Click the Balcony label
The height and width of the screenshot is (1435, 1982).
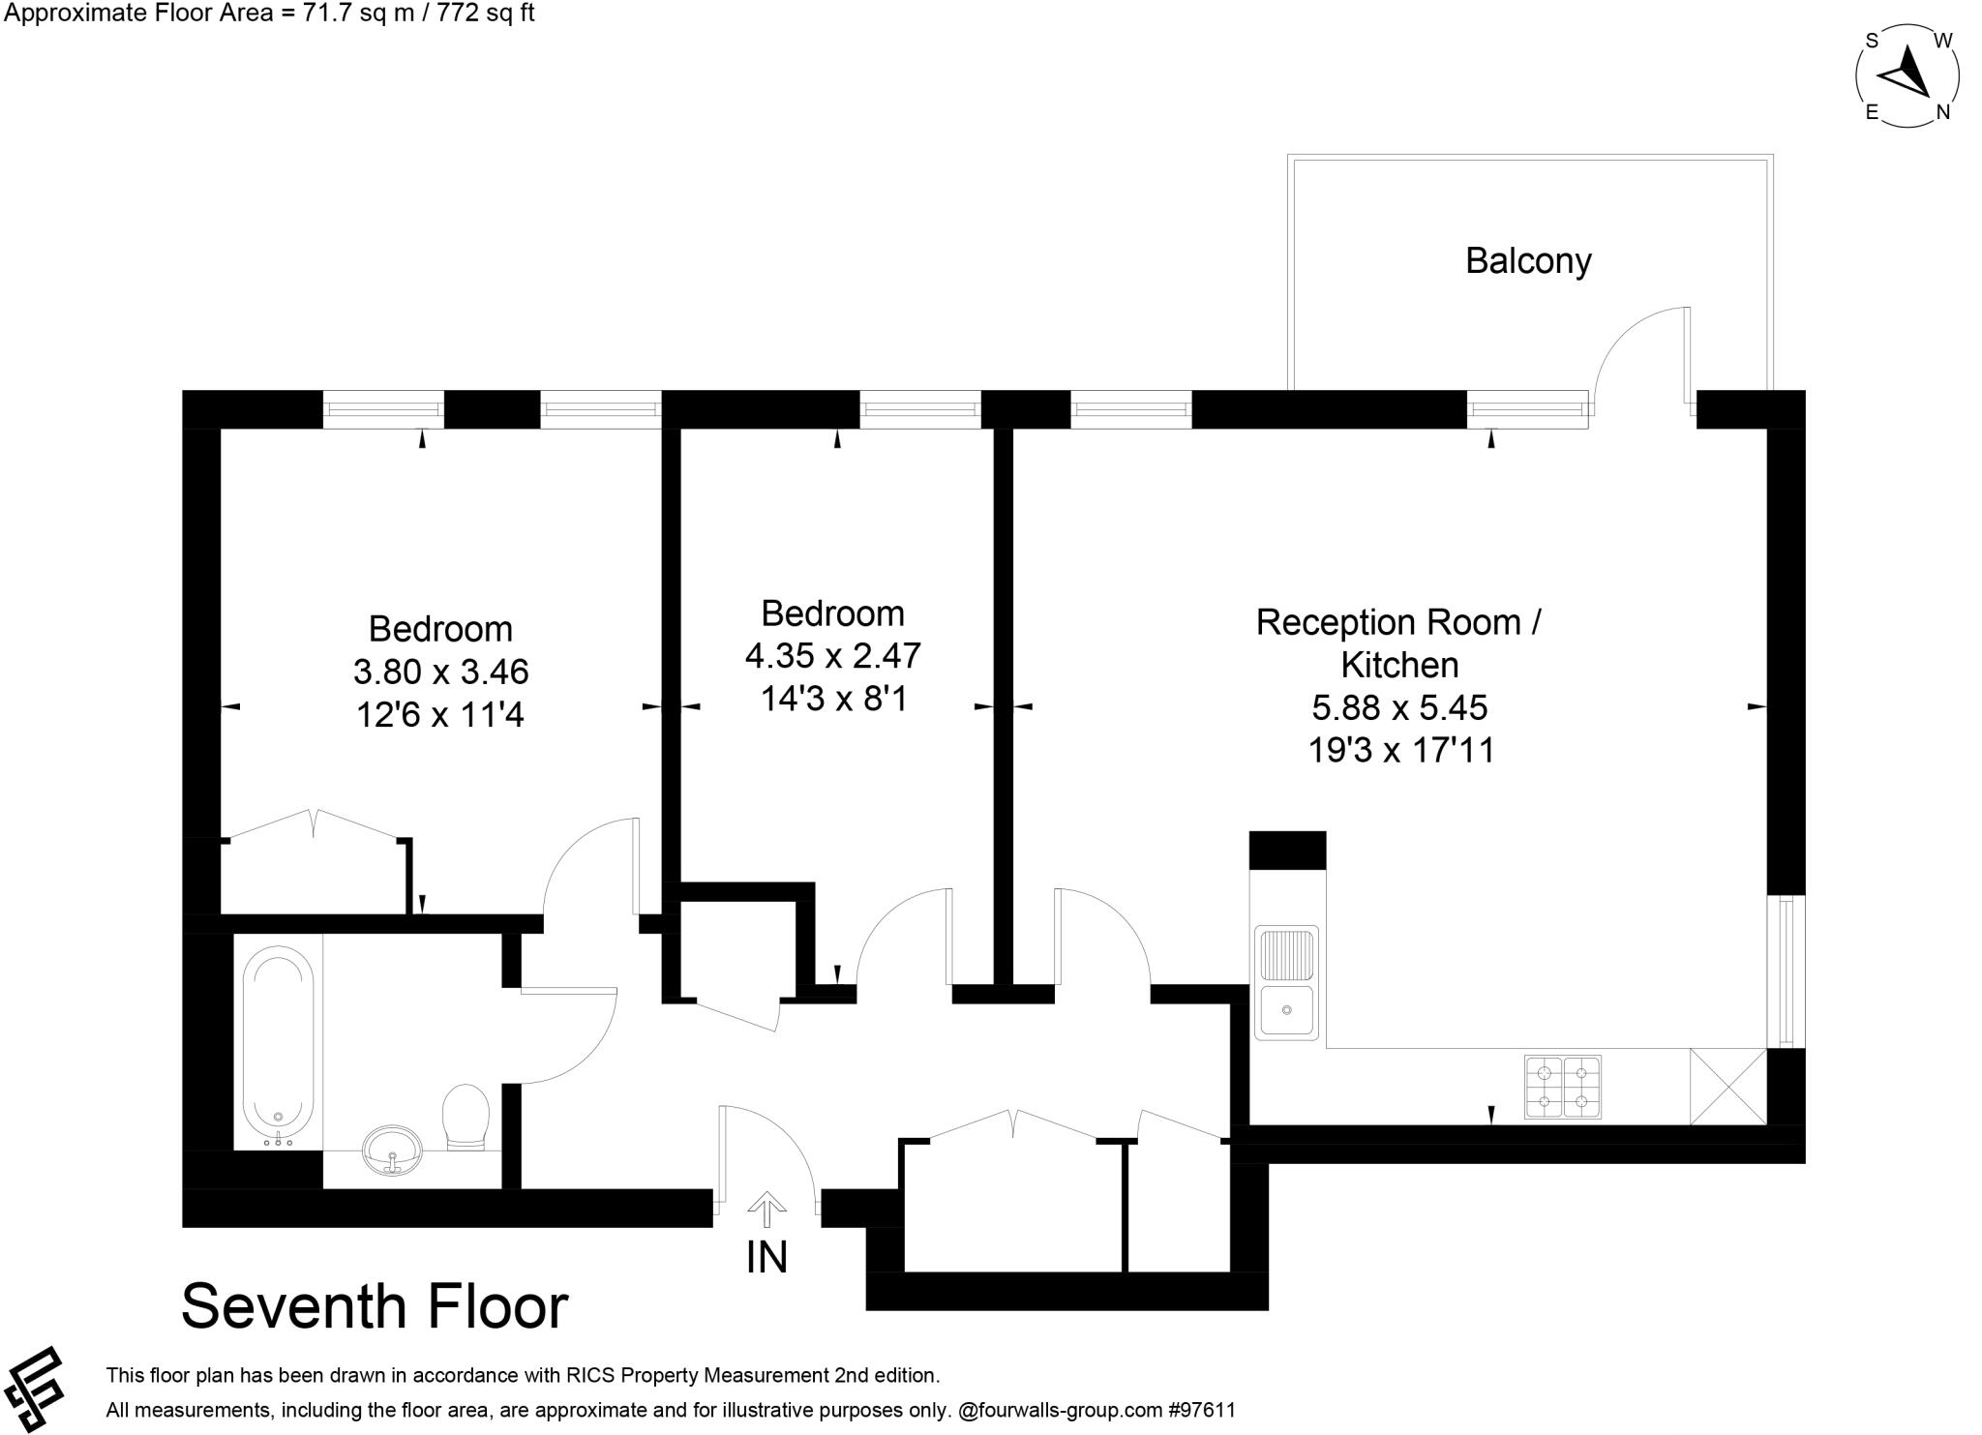[x=1528, y=261]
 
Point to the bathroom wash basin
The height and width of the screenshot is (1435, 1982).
[x=392, y=1149]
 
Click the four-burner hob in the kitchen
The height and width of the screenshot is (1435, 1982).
[x=1563, y=1087]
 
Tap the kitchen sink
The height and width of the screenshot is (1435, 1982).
[x=1286, y=982]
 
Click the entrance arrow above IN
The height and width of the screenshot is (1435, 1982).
[x=767, y=1209]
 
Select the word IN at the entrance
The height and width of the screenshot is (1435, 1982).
[x=767, y=1257]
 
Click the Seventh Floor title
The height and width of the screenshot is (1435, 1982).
[x=375, y=1307]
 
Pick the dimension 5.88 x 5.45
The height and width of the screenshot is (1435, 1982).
[x=1399, y=707]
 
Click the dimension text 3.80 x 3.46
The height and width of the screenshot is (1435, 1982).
[x=441, y=672]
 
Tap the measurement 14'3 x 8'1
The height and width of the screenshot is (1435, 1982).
[x=833, y=698]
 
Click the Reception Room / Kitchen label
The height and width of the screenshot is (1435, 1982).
[x=1399, y=643]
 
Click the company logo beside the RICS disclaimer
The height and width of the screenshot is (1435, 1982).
[x=35, y=1389]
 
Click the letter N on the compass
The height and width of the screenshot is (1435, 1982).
[x=1942, y=112]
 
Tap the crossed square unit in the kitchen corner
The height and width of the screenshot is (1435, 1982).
[x=1728, y=1087]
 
